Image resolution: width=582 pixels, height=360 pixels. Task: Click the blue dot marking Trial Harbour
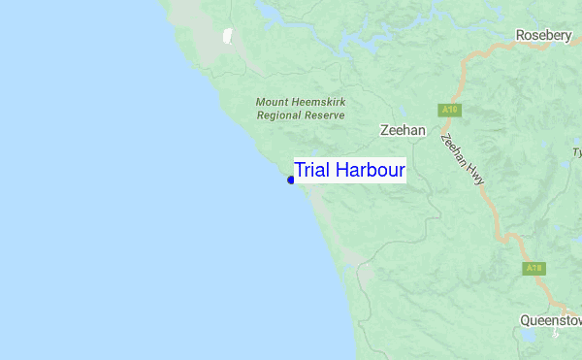pyautogui.click(x=290, y=180)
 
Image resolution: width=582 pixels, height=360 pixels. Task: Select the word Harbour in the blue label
pyautogui.click(x=370, y=170)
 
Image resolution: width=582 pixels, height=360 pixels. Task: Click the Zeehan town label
pyautogui.click(x=402, y=129)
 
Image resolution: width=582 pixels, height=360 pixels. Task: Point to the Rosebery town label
pyautogui.click(x=546, y=36)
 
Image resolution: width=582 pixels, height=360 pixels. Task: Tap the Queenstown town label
pyautogui.click(x=550, y=319)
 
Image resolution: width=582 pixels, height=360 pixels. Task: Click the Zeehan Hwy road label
pyautogui.click(x=462, y=158)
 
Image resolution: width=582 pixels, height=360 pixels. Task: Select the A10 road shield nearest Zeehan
pyautogui.click(x=449, y=110)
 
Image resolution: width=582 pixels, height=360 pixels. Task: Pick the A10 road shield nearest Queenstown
pyautogui.click(x=533, y=268)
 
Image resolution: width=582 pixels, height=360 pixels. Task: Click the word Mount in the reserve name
pyautogui.click(x=273, y=102)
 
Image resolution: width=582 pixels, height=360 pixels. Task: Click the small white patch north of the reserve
pyautogui.click(x=228, y=37)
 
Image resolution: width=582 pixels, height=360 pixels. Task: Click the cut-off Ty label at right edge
pyautogui.click(x=576, y=152)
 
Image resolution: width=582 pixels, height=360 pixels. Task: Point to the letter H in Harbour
pyautogui.click(x=339, y=170)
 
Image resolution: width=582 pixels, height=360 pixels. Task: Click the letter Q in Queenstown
pyautogui.click(x=525, y=319)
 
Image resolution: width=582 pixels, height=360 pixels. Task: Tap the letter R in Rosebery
pyautogui.click(x=520, y=36)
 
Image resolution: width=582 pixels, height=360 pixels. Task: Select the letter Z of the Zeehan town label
pyautogui.click(x=381, y=129)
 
